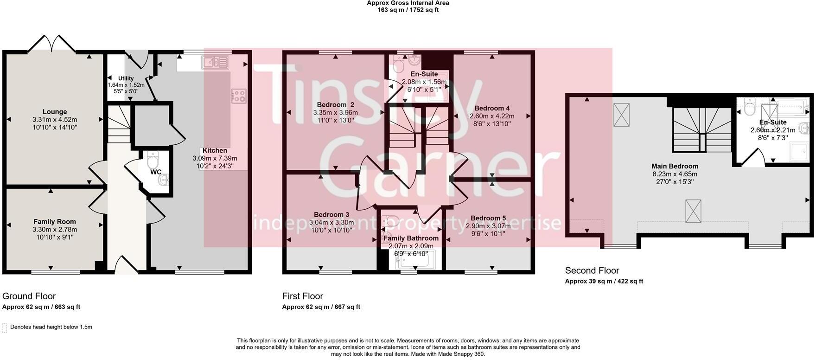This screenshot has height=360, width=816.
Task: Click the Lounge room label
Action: tap(55, 112)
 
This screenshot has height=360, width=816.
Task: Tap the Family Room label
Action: tap(55, 222)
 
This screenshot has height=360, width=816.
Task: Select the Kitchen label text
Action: tap(215, 150)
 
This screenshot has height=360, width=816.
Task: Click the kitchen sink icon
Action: tap(216, 62)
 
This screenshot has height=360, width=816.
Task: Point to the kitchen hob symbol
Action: tap(239, 96)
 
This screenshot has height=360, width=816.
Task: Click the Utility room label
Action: tap(126, 78)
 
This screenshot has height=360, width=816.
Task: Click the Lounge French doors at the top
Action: tap(52, 43)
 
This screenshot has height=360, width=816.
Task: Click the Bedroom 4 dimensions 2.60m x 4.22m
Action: tap(492, 116)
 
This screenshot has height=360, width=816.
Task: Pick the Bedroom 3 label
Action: tap(331, 215)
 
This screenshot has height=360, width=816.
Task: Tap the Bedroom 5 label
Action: tap(488, 218)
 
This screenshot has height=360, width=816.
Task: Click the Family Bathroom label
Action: tap(411, 238)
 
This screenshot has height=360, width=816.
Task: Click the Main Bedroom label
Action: tap(675, 166)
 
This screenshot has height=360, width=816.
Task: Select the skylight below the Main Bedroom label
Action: tap(693, 211)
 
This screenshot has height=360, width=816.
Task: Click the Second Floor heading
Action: tap(592, 270)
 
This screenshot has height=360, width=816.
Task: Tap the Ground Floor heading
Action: tap(29, 296)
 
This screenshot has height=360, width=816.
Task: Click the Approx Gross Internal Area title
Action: tap(408, 3)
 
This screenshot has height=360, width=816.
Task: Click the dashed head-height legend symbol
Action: tap(4, 328)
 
